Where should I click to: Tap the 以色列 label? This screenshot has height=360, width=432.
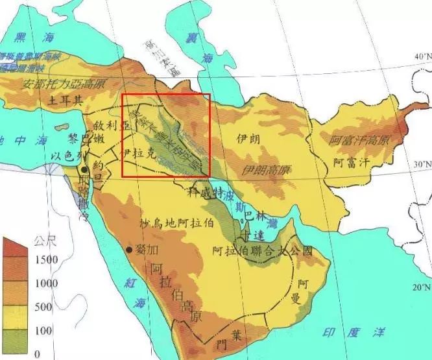[67, 156]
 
